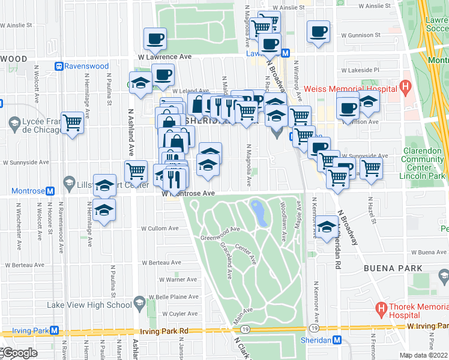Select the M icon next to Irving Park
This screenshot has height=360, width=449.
pos(55,331)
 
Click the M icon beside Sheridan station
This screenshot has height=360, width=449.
pos(336,340)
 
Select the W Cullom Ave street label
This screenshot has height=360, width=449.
pos(160,229)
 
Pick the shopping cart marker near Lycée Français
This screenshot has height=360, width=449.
pos(73,123)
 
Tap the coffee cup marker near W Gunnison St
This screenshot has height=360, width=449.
pos(318,31)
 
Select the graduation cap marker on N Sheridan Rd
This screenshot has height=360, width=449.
pos(327,227)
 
